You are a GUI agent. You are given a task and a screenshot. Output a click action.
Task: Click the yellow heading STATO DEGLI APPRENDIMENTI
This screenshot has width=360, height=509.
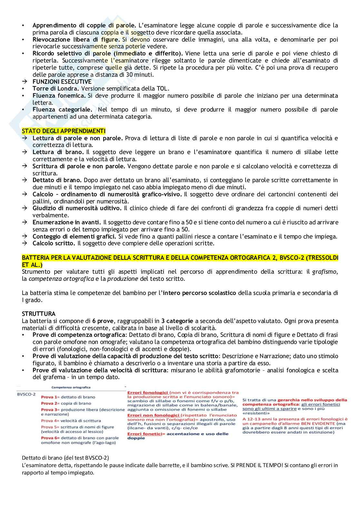64,131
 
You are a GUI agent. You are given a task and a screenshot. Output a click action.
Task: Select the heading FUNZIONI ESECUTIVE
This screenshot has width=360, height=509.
62,82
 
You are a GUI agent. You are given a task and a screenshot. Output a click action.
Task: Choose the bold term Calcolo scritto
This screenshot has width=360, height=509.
54,243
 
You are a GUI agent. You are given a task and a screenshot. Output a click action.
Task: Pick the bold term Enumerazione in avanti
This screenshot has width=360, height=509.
66,222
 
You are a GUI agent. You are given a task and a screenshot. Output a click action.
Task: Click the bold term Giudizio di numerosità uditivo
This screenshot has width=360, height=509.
77,208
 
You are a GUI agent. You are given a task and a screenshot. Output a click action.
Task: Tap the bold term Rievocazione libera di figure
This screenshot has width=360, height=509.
76,39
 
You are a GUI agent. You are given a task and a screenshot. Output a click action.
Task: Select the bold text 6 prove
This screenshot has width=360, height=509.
102,321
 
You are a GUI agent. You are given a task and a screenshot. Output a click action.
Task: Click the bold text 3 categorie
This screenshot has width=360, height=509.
177,321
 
